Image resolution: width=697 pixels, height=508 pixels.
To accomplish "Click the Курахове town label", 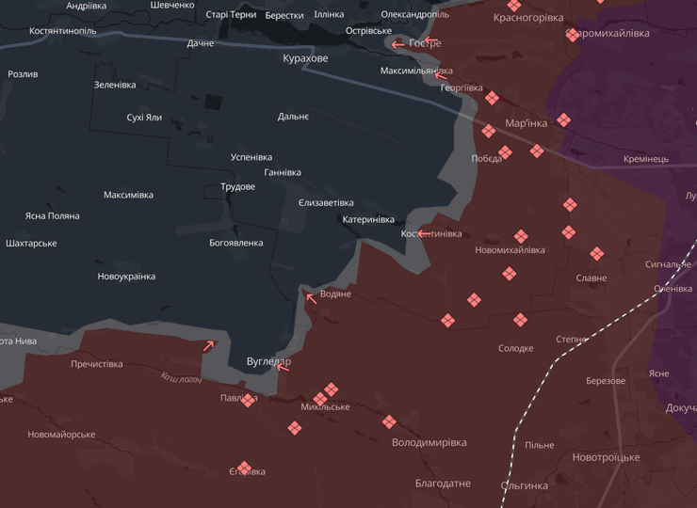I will point(306,58).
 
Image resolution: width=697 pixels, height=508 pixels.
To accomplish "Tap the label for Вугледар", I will point(268,361).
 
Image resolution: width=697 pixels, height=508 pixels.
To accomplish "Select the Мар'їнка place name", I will point(526,123).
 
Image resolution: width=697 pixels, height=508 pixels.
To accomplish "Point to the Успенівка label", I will point(251,157).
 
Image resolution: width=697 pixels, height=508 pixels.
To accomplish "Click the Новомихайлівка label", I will point(510,250).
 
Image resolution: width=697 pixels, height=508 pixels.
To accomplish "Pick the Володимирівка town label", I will point(429,442).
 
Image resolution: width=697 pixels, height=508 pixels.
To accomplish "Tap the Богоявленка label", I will point(235,243).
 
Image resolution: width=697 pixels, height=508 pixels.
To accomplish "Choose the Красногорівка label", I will point(528,18).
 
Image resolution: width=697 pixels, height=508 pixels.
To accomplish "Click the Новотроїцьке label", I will point(606,457).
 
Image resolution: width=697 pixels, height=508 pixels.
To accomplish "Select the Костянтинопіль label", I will point(62,31).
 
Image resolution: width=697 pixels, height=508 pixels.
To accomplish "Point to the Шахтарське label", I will point(31,243).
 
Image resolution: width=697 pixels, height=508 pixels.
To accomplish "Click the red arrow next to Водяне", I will point(312,298).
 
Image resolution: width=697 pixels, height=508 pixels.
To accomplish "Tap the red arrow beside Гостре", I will point(398,44).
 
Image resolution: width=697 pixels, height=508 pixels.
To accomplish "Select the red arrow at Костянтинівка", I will point(425,232).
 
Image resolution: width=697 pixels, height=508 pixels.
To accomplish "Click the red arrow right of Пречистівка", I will point(209,345).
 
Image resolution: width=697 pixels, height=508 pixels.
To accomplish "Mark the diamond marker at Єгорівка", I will point(245,468).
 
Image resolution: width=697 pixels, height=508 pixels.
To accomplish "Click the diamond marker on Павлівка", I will point(248,400).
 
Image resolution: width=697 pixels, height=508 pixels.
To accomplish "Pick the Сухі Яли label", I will point(144,118).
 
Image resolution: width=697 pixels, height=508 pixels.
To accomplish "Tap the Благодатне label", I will point(443,484).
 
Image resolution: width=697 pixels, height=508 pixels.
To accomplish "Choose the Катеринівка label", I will point(368,219).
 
